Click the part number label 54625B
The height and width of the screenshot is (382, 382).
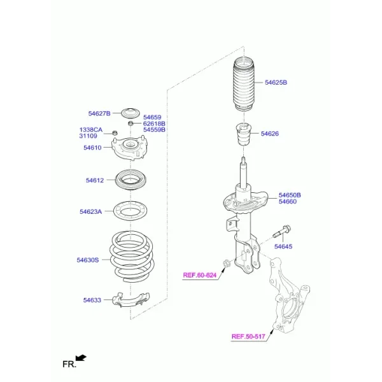(276, 82)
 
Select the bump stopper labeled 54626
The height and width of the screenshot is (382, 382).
(243, 134)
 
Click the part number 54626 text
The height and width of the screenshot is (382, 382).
(270, 134)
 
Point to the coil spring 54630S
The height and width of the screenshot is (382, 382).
(132, 257)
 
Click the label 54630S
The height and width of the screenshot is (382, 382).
(88, 260)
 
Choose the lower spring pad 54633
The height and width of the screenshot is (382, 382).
(131, 300)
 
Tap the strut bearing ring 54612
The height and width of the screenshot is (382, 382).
(131, 180)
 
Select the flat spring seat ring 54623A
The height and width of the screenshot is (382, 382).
(131, 211)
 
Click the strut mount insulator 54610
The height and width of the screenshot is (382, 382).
(130, 148)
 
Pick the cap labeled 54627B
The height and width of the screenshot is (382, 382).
(131, 113)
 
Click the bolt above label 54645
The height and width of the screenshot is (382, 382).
(282, 232)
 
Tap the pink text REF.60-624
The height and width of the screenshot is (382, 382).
(199, 275)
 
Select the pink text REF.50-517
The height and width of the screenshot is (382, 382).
(248, 336)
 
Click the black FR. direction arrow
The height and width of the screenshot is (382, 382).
(81, 358)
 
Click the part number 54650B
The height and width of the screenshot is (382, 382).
(290, 195)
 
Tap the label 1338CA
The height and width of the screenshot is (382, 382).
(90, 130)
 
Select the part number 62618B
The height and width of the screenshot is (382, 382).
(154, 124)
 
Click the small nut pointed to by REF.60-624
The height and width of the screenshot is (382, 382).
(227, 264)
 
